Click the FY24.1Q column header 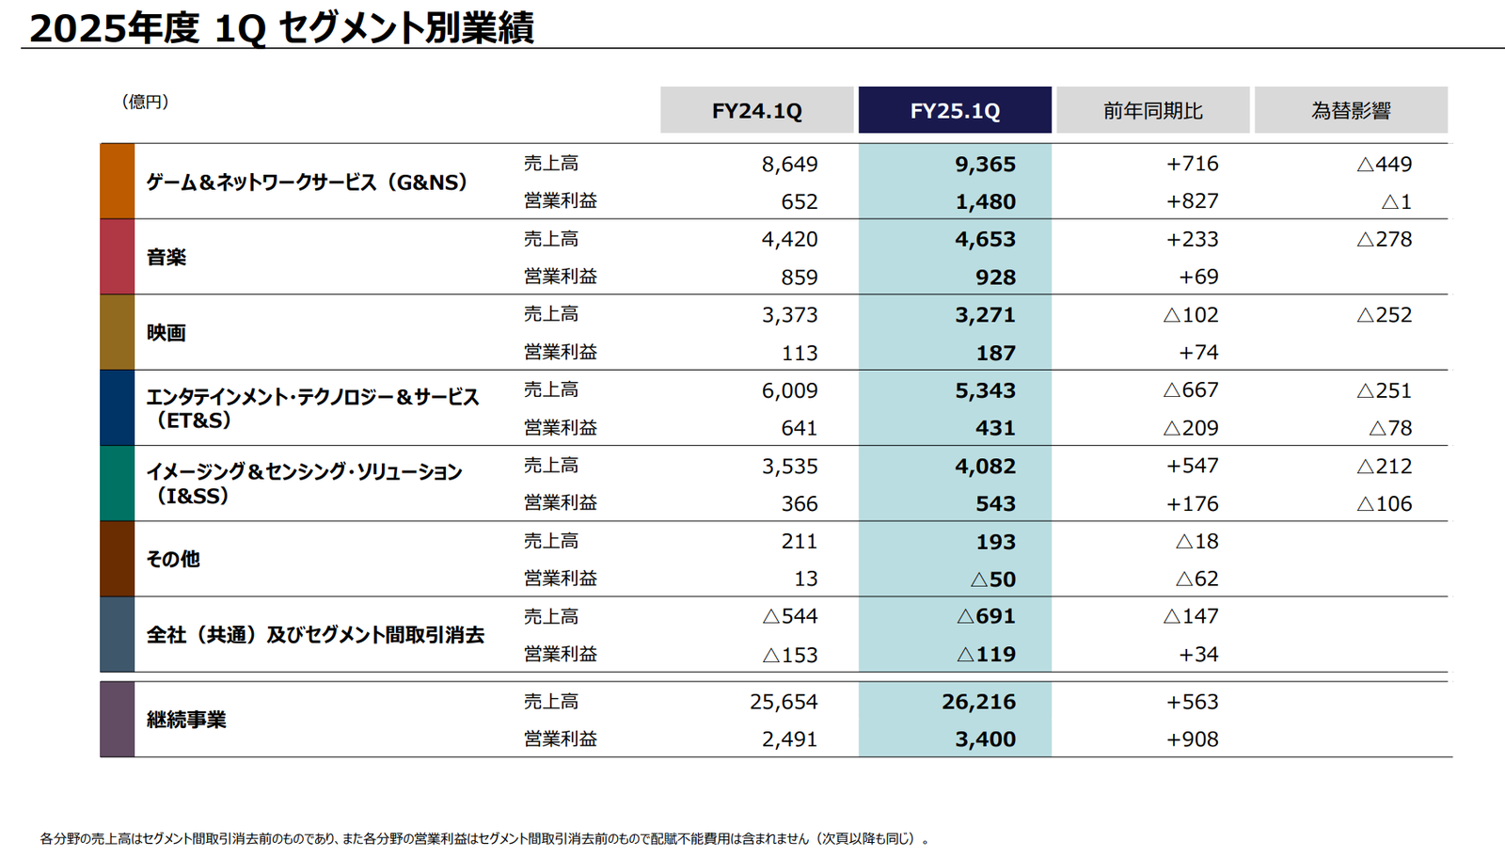click(x=756, y=111)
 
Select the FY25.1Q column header click(x=955, y=111)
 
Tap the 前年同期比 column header click(x=1152, y=111)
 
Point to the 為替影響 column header click(x=1351, y=111)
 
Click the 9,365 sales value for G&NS click(x=985, y=164)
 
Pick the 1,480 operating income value click(x=985, y=201)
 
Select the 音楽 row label click(x=166, y=257)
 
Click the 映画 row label click(x=166, y=332)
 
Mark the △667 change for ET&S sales click(x=1190, y=390)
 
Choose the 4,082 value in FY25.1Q click(x=985, y=466)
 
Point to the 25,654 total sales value click(x=784, y=702)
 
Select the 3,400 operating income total click(x=985, y=739)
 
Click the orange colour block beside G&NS click(x=118, y=182)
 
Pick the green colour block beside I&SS click(x=118, y=484)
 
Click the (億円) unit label click(x=145, y=102)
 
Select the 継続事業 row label click(x=186, y=720)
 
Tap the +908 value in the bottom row click(x=1192, y=739)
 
